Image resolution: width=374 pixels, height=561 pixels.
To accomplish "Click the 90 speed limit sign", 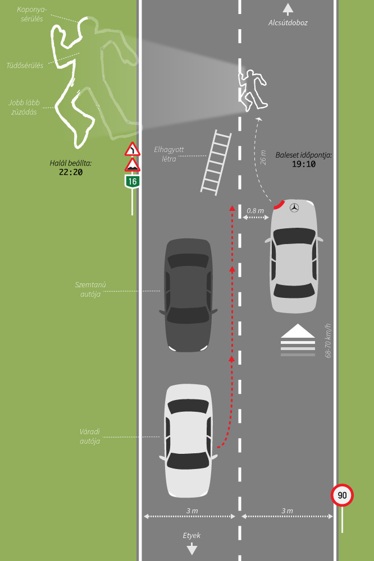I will [x=342, y=495].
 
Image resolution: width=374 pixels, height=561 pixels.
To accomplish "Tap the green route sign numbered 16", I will [x=132, y=181].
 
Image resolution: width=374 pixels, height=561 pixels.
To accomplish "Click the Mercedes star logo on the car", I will [x=293, y=208].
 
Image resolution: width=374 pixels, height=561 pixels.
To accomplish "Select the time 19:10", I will [x=303, y=164].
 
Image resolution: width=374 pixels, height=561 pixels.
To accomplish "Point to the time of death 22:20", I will [x=70, y=172].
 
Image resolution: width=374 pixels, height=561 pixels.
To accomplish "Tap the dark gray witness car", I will [x=189, y=295].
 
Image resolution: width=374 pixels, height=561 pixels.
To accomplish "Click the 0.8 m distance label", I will [x=255, y=210].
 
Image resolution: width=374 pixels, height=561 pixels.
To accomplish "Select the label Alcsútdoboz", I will [x=288, y=23].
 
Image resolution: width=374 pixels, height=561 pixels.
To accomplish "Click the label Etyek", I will [x=191, y=535].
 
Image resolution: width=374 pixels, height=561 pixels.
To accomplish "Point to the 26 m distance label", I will [x=263, y=156].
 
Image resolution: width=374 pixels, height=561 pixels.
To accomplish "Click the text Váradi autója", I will [x=89, y=436].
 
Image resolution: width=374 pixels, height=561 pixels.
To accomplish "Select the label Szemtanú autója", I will [x=90, y=289].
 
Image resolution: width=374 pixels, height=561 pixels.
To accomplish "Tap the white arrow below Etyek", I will [x=191, y=549].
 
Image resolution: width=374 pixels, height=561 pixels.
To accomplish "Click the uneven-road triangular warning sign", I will [x=132, y=165].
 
